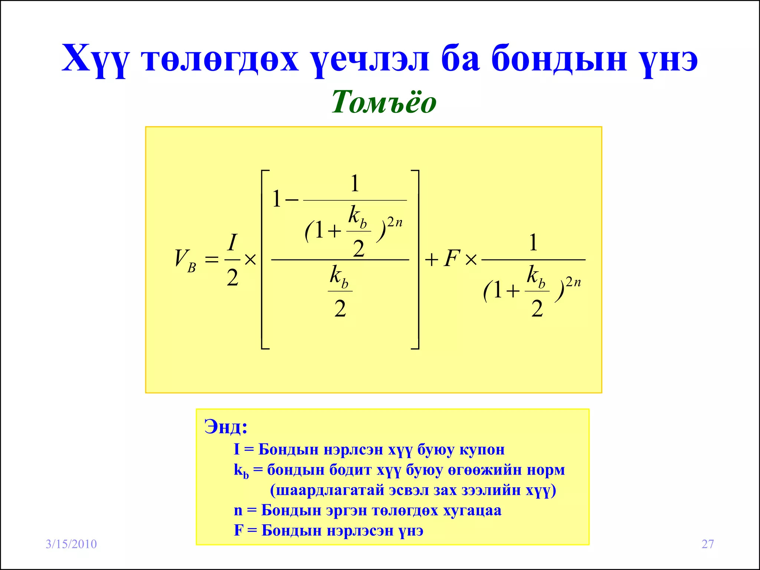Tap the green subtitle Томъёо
click(384, 102)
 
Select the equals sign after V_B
click(212, 259)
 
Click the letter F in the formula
click(452, 258)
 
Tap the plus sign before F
click(432, 259)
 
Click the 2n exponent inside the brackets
click(395, 222)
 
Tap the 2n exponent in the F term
click(573, 282)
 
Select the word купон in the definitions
click(482, 450)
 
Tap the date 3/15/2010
click(71, 544)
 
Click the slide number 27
click(708, 544)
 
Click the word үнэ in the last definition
click(411, 531)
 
